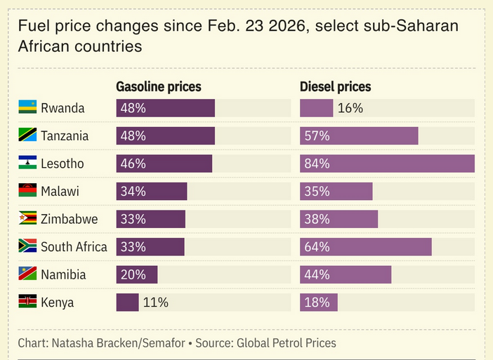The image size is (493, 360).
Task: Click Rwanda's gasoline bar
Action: [165, 108]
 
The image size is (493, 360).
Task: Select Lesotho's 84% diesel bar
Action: [387, 164]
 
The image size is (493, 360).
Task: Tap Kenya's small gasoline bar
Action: [127, 302]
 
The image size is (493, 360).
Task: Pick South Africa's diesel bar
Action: [366, 247]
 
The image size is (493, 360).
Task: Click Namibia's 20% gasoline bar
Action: [137, 274]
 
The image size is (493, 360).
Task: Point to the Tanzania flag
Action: [27, 135]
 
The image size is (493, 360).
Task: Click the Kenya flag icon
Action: [27, 301]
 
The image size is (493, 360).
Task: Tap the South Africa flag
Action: [27, 246]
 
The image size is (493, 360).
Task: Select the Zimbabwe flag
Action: [27, 218]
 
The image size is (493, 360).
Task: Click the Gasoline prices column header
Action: [159, 87]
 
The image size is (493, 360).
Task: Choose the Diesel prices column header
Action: [335, 87]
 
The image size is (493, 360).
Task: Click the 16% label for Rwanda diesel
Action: [350, 108]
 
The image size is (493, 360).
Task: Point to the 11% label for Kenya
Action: [156, 302]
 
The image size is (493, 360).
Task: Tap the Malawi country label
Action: [60, 192]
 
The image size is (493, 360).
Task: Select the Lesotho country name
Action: [63, 164]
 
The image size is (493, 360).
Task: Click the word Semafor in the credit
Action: [164, 343]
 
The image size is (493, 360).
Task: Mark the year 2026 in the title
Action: [287, 26]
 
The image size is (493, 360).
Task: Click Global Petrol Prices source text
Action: [286, 343]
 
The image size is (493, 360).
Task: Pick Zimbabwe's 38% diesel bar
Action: [339, 219]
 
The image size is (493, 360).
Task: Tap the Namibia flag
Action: [27, 273]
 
